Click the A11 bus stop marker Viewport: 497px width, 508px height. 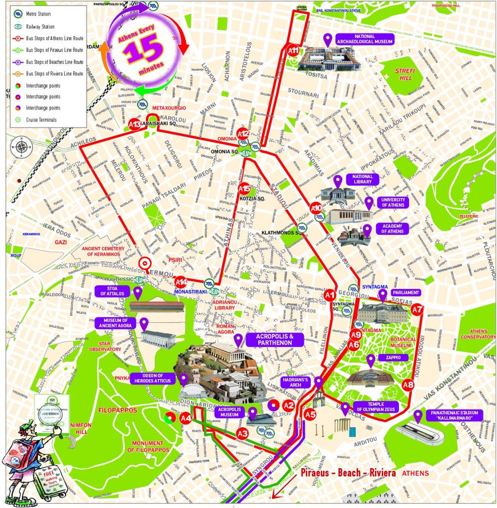pyautogui.click(x=293, y=51)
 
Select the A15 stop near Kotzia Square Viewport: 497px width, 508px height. pyautogui.click(x=244, y=189)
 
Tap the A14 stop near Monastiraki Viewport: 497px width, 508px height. pyautogui.click(x=181, y=282)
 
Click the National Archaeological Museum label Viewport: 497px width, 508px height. pyautogui.click(x=364, y=39)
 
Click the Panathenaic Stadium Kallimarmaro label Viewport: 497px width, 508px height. pyautogui.click(x=454, y=415)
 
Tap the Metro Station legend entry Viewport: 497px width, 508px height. pyautogui.click(x=38, y=14)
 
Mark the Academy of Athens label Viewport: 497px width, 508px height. pyautogui.click(x=392, y=229)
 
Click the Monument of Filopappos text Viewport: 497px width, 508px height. pyautogui.click(x=148, y=446)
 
